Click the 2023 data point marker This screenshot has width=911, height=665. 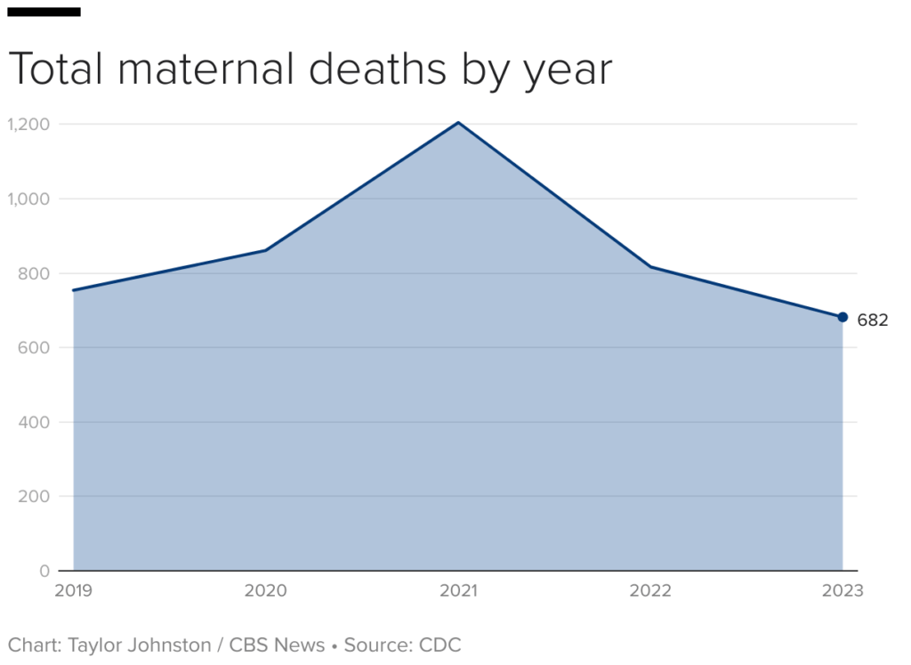click(x=842, y=317)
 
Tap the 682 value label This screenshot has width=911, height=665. click(x=873, y=320)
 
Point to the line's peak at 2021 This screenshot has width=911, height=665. click(x=458, y=123)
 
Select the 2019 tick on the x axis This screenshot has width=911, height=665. click(x=72, y=590)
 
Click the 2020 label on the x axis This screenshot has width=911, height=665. click(x=265, y=590)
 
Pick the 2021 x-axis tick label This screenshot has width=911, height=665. click(x=458, y=590)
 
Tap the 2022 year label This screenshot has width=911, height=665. click(x=650, y=590)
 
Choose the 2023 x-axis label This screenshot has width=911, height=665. click(x=842, y=590)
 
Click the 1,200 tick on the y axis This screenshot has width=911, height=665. click(x=27, y=124)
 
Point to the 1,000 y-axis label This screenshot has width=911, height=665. click(x=27, y=199)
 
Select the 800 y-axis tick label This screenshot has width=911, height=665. click(x=33, y=273)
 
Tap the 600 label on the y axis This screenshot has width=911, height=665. click(x=33, y=347)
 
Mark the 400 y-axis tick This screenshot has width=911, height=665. click(x=33, y=422)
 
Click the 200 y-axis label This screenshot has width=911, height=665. click(x=33, y=496)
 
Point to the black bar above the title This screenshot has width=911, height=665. click(x=44, y=12)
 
